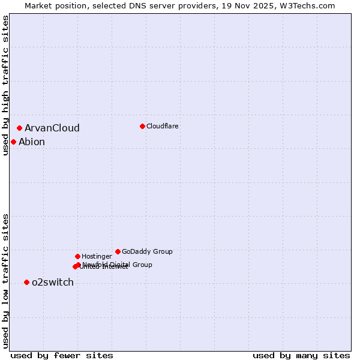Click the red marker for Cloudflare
point(142,126)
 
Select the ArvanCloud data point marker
point(19,128)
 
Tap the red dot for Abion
point(13,142)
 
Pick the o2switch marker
point(26,282)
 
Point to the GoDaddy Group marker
point(118,251)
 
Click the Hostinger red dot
point(77,256)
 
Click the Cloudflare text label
point(162,126)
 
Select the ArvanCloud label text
point(52,128)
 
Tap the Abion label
point(31,142)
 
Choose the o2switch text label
point(52,282)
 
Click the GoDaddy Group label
point(146,251)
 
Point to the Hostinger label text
point(97,256)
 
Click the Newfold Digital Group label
point(117,264)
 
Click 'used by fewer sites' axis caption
point(62,355)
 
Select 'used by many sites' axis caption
point(301,355)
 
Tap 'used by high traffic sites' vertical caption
point(5,86)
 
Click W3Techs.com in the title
point(305,5)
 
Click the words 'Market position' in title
point(53,5)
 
